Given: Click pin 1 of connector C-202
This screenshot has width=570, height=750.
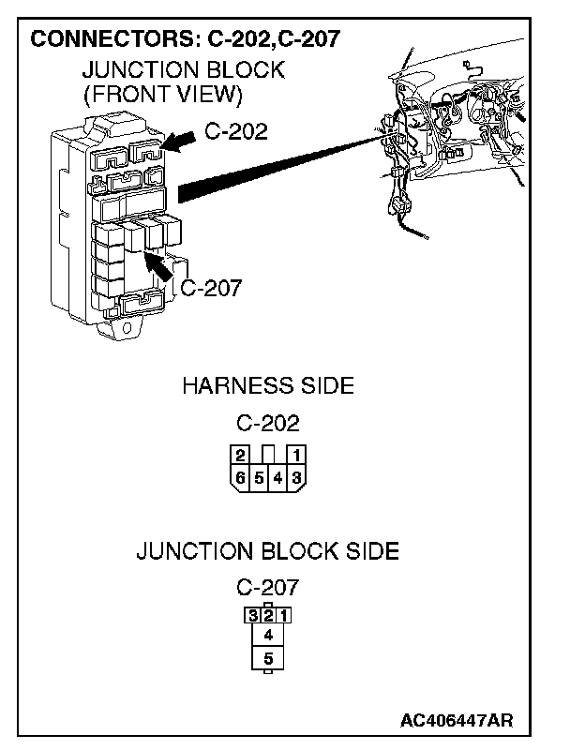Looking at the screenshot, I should click(x=295, y=456).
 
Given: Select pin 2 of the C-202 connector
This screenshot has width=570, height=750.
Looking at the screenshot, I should click(x=241, y=456).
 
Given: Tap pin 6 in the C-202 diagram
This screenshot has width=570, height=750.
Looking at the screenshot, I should click(x=241, y=478).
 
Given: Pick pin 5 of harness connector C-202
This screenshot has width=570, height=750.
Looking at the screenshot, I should click(x=259, y=478).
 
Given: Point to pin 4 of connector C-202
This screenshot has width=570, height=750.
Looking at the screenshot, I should click(x=277, y=478).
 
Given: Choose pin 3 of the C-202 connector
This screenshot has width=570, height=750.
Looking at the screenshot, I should click(x=295, y=478).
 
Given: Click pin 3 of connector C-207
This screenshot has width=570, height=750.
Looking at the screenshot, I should click(x=252, y=616).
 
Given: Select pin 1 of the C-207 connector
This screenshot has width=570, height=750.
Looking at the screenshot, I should click(x=284, y=616).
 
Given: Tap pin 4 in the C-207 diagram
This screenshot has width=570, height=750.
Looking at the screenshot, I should click(x=268, y=635).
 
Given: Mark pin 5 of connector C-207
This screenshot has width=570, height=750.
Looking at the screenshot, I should click(x=268, y=658).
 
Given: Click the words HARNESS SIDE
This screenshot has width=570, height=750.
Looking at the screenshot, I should click(x=268, y=385).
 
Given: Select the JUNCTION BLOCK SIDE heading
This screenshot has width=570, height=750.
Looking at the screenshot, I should click(x=268, y=551).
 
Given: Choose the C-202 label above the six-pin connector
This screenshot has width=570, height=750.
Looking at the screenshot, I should click(x=268, y=423).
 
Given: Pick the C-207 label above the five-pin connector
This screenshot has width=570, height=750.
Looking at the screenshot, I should click(x=268, y=588).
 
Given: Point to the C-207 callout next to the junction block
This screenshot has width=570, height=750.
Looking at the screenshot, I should click(x=211, y=288).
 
